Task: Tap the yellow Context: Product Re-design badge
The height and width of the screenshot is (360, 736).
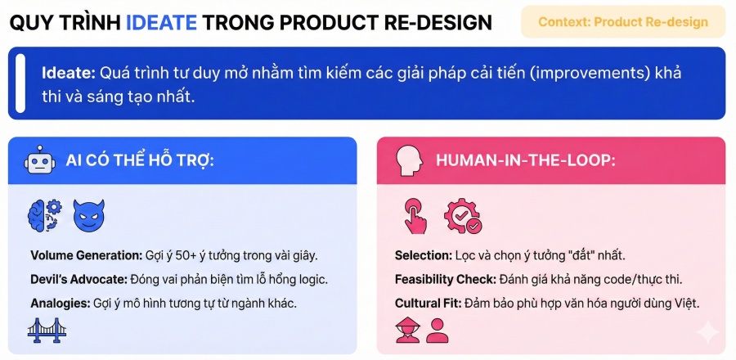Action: (x=623, y=22)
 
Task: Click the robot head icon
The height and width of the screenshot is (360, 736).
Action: (x=40, y=160)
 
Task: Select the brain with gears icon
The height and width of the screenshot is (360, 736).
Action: (x=45, y=215)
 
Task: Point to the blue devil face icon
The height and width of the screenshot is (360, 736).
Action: (x=88, y=215)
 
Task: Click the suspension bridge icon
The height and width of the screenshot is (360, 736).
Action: (x=47, y=330)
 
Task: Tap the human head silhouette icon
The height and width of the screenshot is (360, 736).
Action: (x=406, y=160)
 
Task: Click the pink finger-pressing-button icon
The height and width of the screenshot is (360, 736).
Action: (x=415, y=215)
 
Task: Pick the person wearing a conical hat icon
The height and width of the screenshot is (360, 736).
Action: (x=407, y=330)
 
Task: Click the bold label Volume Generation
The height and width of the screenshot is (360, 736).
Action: (x=86, y=256)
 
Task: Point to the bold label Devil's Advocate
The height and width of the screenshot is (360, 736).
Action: (x=79, y=279)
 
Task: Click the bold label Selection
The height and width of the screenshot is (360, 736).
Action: (x=424, y=256)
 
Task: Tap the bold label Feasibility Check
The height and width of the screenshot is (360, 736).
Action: (x=446, y=279)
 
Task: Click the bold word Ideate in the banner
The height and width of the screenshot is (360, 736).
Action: (x=69, y=74)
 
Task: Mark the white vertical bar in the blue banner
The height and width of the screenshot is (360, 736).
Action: (x=20, y=83)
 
